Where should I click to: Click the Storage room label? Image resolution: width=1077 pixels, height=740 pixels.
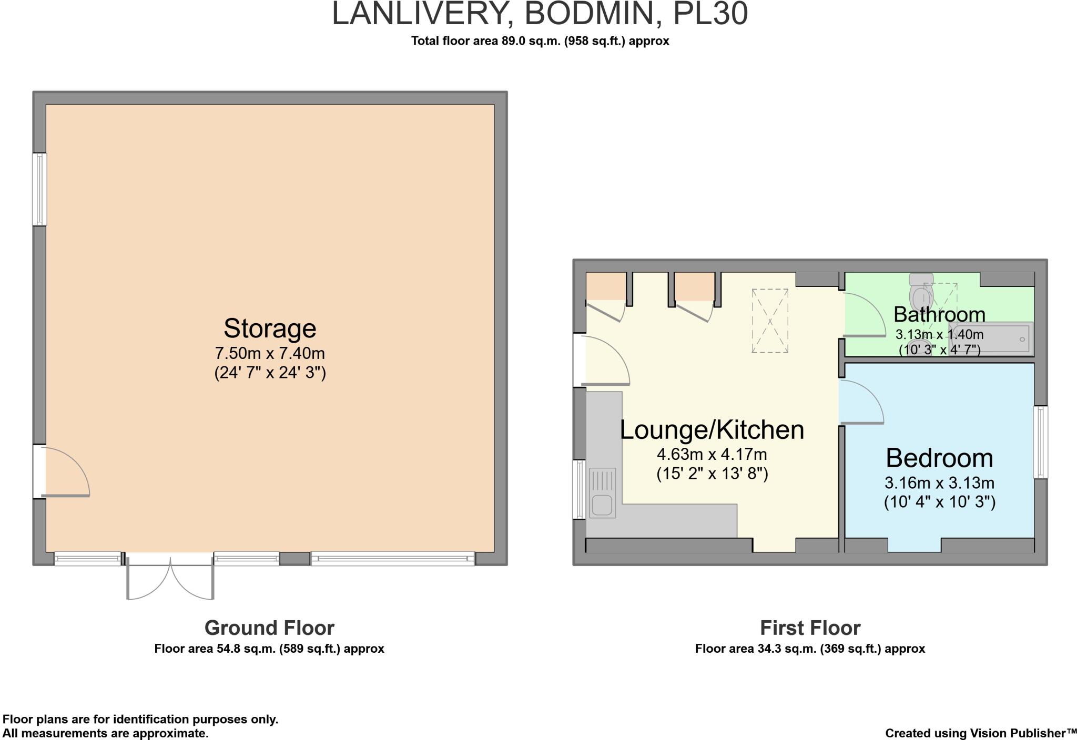[270, 328]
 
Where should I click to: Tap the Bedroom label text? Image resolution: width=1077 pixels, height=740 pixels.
[940, 458]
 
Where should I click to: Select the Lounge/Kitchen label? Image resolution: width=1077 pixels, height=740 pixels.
[712, 430]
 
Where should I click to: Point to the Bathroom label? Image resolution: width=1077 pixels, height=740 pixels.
[939, 314]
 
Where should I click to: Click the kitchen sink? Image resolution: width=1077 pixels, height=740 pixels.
[602, 493]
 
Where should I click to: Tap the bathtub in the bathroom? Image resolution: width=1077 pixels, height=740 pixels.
[991, 339]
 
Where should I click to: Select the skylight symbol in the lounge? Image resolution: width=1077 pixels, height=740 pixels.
[770, 321]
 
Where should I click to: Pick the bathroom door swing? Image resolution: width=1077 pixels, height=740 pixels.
[865, 314]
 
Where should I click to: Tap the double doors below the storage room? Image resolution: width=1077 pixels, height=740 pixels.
[170, 576]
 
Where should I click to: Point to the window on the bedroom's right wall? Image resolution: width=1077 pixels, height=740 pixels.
[1041, 442]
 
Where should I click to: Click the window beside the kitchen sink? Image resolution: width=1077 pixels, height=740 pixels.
[580, 489]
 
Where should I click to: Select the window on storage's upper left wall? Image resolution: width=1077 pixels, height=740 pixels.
[40, 189]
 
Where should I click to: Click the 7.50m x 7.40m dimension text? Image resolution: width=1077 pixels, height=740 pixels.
[270, 353]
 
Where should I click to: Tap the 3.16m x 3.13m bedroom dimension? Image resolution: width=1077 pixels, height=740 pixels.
[940, 482]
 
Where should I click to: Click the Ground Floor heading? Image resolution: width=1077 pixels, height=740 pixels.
[269, 628]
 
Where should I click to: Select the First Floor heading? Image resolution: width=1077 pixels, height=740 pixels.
[810, 628]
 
